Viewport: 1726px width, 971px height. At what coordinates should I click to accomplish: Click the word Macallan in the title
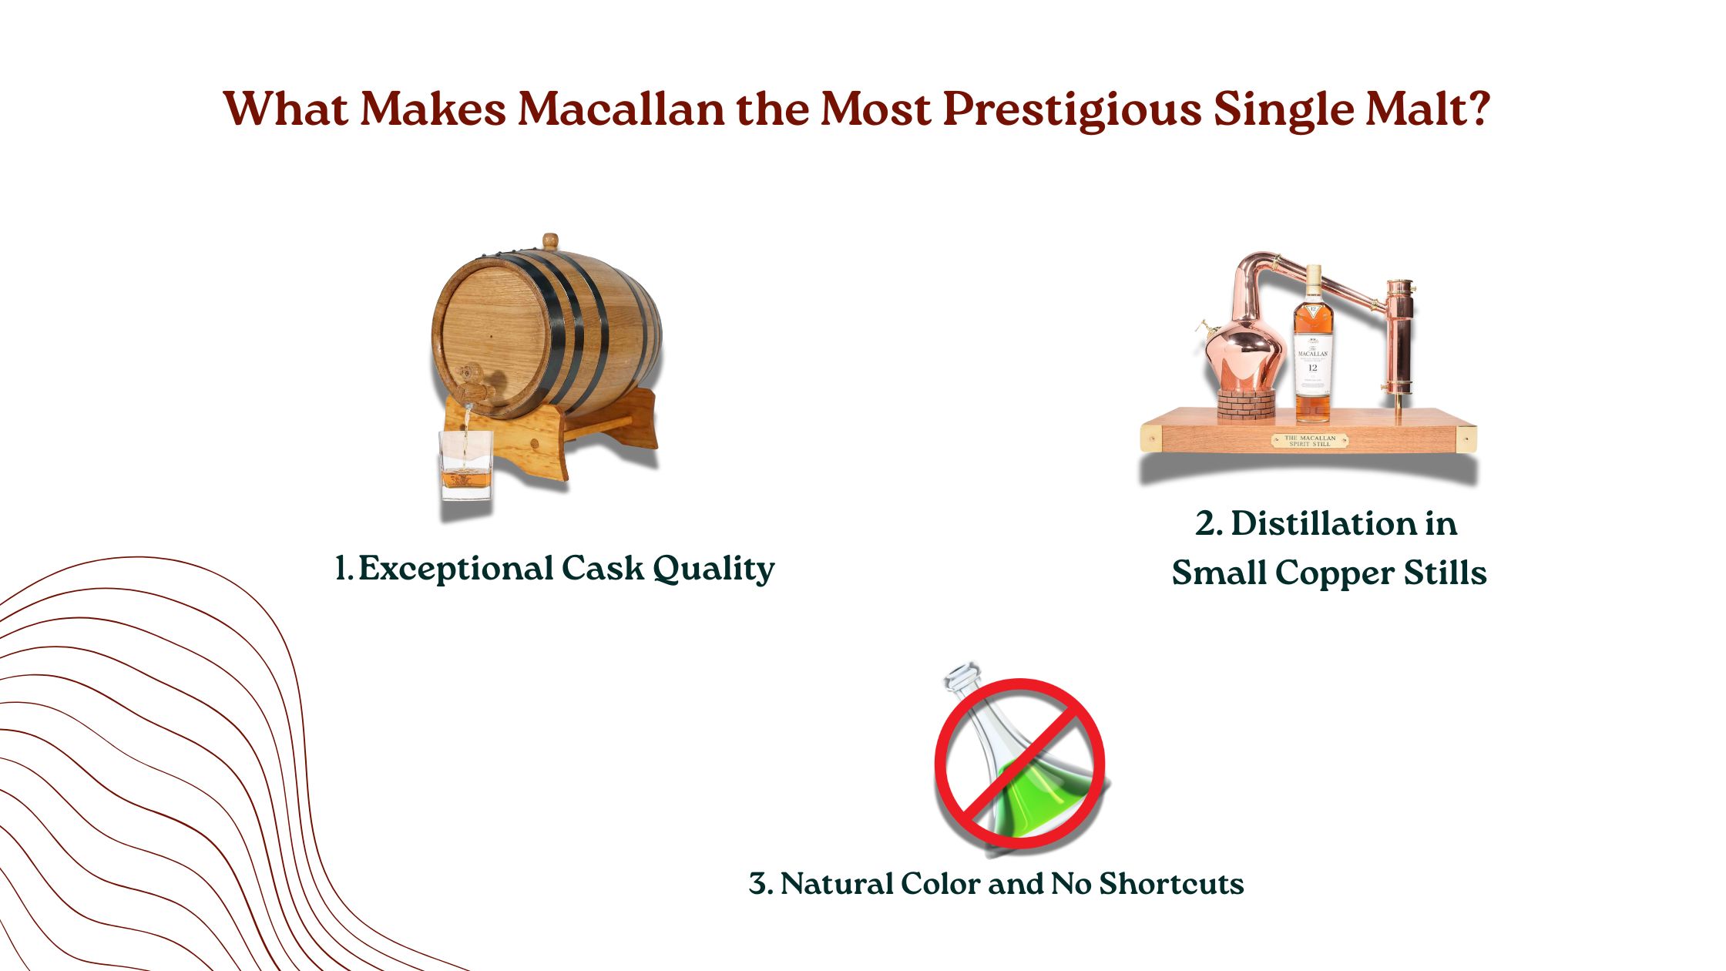coord(621,109)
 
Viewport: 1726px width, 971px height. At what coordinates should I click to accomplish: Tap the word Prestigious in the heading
coord(1072,109)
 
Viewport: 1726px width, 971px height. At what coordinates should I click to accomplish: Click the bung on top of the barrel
coord(549,240)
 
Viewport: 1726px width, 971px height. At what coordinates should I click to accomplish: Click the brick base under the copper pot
coord(1245,404)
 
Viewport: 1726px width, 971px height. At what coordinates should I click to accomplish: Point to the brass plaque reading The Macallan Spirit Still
coord(1309,441)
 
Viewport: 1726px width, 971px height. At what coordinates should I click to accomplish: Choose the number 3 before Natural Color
coord(760,883)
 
